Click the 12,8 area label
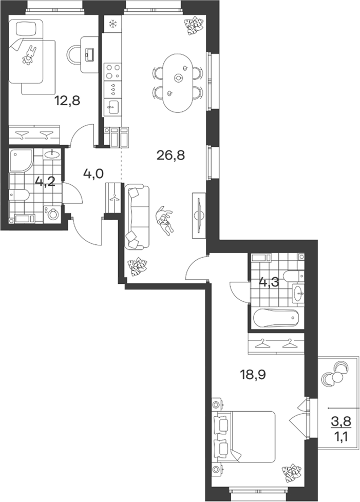tap(67, 101)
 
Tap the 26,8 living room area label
tap(171, 156)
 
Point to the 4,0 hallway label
tap(93, 173)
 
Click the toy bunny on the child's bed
tap(29, 55)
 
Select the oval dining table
tap(178, 83)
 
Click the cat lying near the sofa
tap(165, 221)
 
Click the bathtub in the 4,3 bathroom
tap(276, 318)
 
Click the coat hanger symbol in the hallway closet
tap(113, 198)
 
